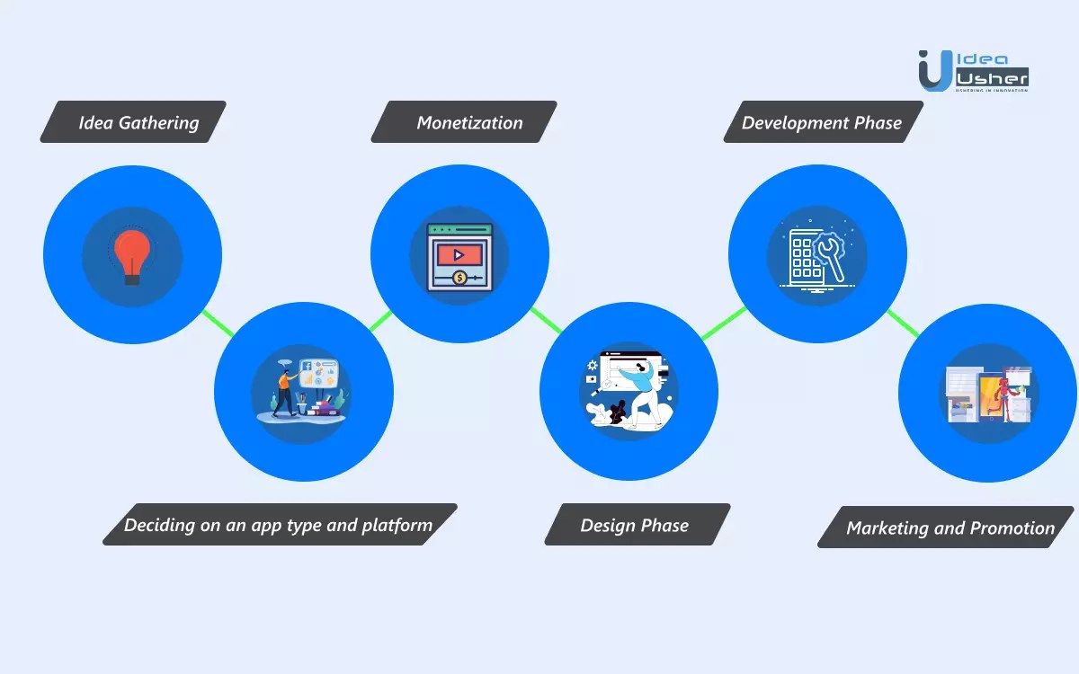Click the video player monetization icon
pos(459,256)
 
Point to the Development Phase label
pos(822,122)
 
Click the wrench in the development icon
pos(828,256)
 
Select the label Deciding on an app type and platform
pos(280,525)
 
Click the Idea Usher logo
pos(973,69)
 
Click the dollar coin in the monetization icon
pos(459,279)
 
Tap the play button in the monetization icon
pos(459,255)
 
